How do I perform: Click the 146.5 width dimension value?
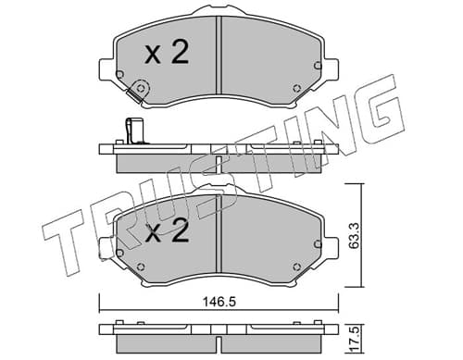coord(219,302)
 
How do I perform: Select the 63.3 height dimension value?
coord(354,236)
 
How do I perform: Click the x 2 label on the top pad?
coord(167,53)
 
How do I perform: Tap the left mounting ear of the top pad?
coord(106,70)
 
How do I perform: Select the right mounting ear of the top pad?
coord(331,70)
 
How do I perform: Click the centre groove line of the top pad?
coord(219,56)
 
